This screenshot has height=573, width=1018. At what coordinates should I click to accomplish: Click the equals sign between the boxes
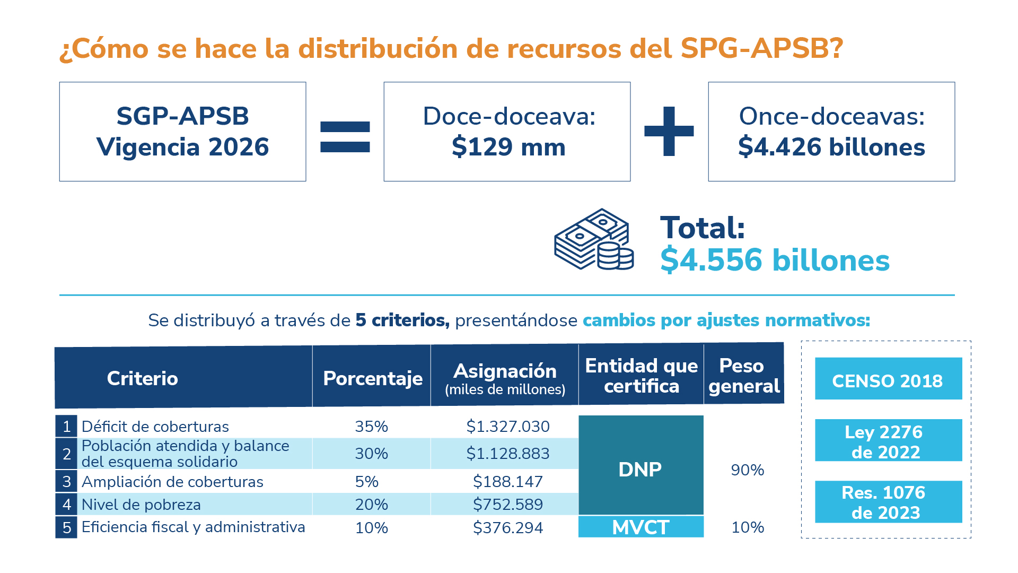point(345,137)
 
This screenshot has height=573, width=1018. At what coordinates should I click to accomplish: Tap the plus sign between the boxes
point(669,132)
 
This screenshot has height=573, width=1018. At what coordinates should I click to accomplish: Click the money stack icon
point(593,239)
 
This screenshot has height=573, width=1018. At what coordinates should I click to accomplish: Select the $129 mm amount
point(508,147)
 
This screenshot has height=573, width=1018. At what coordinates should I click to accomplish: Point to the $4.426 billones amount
point(831,147)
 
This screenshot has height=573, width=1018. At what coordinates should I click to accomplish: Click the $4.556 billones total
point(774,261)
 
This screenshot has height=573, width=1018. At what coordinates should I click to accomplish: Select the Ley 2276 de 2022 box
point(888,440)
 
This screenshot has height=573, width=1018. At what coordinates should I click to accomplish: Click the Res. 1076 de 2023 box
point(888,502)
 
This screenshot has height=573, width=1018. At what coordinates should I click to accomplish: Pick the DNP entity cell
point(640,468)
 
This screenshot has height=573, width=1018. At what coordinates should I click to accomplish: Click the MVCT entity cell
point(640,527)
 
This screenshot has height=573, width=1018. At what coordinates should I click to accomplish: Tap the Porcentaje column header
point(372,378)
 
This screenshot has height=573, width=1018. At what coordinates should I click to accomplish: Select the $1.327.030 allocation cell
point(507,426)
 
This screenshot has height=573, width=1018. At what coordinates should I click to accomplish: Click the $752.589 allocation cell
point(507,504)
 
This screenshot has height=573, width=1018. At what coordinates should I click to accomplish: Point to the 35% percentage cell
point(371,426)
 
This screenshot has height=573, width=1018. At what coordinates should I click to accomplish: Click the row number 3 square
point(66,481)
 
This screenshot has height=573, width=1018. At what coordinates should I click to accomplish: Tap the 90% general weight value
point(747,470)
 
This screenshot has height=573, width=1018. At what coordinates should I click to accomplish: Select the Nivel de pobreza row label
point(141,505)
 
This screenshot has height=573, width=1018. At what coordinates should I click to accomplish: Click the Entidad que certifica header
point(641,376)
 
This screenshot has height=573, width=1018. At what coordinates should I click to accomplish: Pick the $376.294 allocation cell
point(507,527)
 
